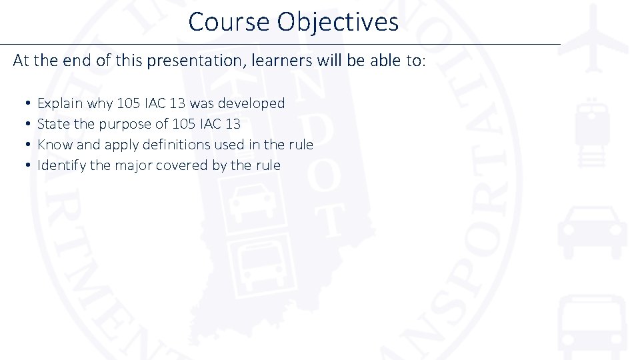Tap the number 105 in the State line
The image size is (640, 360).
[x=184, y=124]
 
